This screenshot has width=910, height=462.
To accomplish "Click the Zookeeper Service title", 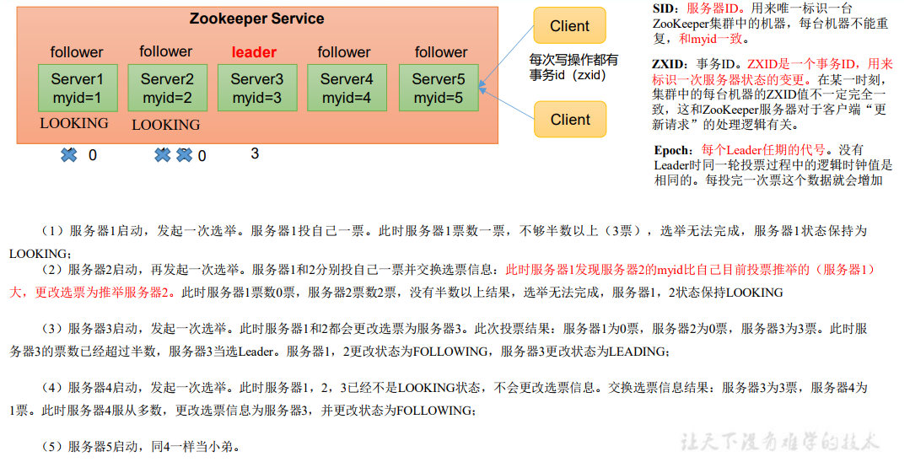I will coord(256,19).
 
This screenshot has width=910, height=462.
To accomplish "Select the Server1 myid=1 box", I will coord(77,89).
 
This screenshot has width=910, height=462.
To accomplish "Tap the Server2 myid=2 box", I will coord(167,89).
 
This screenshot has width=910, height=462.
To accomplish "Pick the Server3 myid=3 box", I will coord(257,89).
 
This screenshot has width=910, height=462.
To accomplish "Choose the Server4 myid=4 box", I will coord(347,89).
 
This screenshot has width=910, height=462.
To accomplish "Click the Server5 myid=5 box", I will coord(438,89).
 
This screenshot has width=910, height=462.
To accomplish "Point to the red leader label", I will coord(254,52).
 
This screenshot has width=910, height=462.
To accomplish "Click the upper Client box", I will coord(569,26).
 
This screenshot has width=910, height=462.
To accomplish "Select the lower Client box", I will coord(570,120).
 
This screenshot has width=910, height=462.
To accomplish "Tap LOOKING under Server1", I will coord(74,123).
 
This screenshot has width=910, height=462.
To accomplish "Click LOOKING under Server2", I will coord(166,125).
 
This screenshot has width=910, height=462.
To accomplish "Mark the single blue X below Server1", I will coord(69,155).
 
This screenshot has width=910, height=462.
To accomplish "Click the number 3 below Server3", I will coord(255,153).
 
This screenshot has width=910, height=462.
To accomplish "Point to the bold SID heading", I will coord(664,8).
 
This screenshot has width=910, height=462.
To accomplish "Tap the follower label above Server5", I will coord(441,52).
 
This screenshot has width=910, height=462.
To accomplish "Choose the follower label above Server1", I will coord(77,52).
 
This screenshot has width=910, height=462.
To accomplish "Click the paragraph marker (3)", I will coord(52,328).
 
